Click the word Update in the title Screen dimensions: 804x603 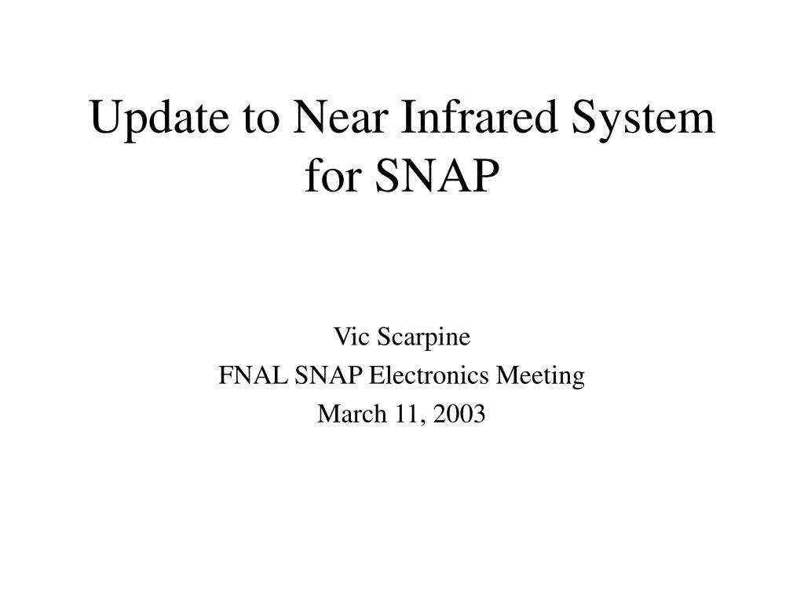pos(159,119)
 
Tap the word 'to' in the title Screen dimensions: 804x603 pos(261,119)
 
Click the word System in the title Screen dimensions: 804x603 pos(643,119)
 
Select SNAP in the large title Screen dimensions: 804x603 pos(437,176)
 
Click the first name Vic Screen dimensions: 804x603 pos(352,337)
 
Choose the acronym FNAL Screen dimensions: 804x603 pos(253,375)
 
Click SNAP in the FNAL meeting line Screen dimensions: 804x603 pos(328,375)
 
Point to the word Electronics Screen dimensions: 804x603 pos(429,375)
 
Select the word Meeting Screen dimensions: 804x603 pos(540,377)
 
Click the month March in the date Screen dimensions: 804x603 pos(352,414)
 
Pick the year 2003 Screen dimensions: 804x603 pos(459,414)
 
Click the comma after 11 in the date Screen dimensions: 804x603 pos(423,422)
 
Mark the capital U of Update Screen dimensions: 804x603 pos(106,117)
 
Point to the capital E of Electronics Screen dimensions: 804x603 pos(377,375)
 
